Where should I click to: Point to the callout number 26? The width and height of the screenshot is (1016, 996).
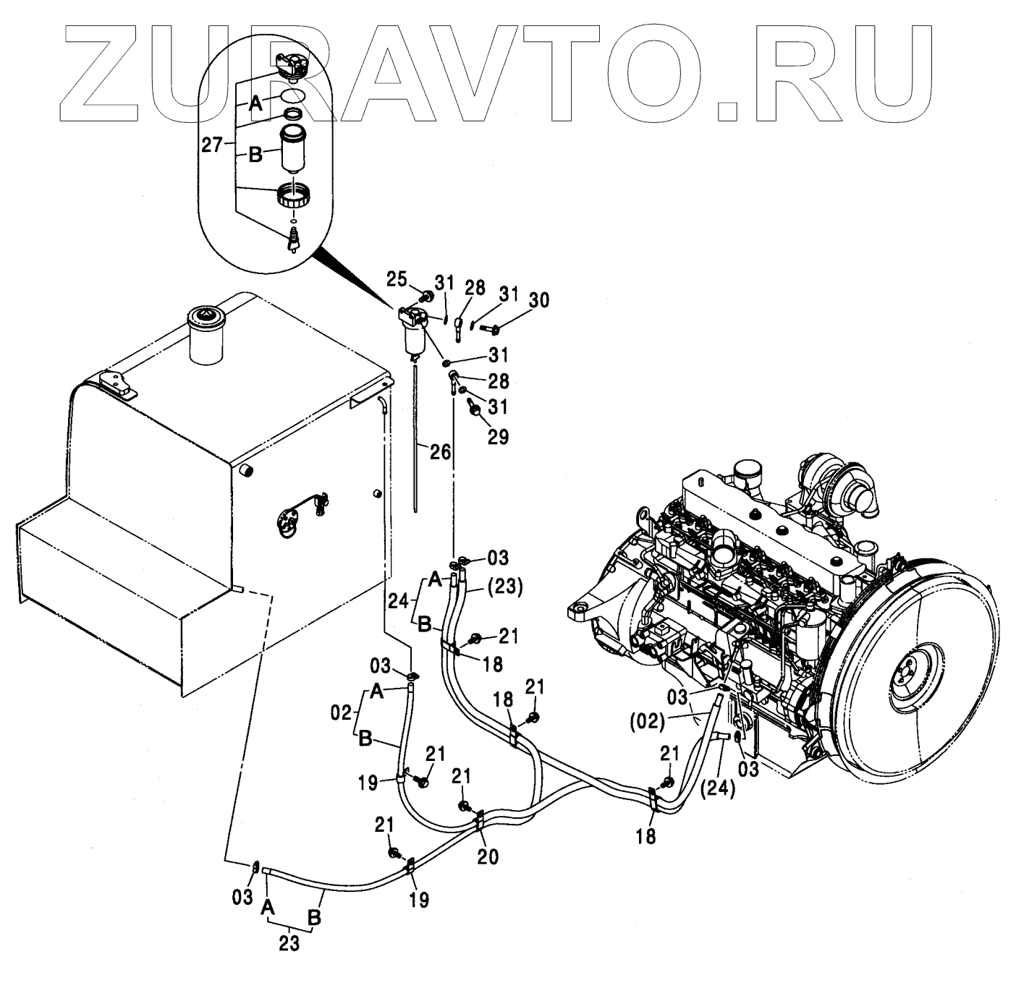tap(440, 452)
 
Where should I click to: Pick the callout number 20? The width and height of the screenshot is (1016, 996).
tap(488, 856)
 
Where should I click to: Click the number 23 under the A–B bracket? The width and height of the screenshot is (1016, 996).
tap(289, 945)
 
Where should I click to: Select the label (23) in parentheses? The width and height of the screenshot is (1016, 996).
tap(504, 587)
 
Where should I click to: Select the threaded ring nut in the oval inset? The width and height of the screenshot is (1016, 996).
tap(294, 196)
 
